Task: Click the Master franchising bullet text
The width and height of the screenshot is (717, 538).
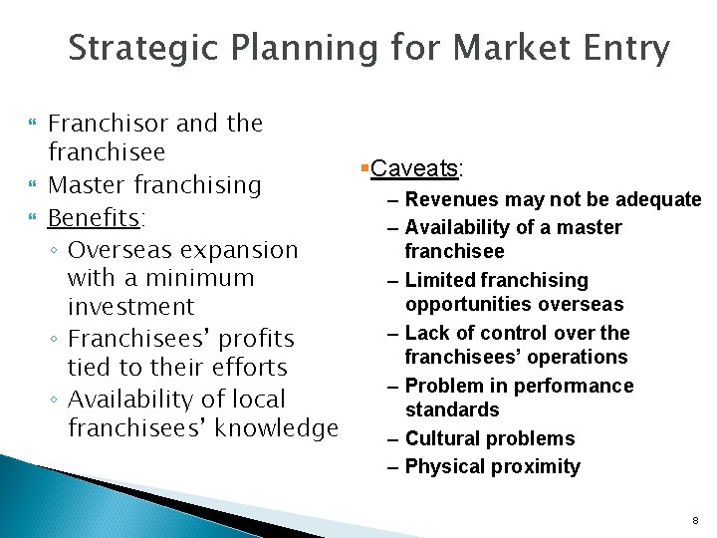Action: coord(154,185)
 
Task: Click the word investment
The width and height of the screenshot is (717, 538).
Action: coord(130,307)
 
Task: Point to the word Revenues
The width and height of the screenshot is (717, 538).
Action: coord(456,199)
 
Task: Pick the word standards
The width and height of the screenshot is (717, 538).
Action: coord(452,409)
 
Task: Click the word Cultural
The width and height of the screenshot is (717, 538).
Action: coord(450,438)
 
